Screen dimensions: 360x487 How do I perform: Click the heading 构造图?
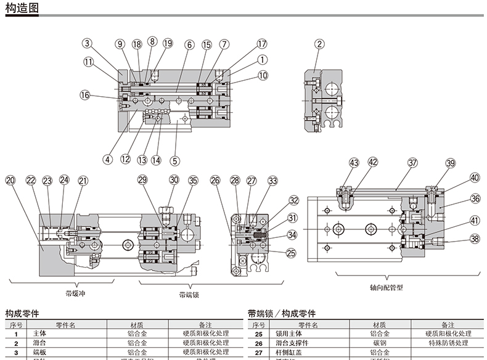[22, 8]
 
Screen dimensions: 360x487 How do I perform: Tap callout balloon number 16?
[84, 94]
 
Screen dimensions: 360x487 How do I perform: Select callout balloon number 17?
[263, 44]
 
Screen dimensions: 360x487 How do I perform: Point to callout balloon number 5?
[175, 160]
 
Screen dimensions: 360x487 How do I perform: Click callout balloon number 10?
[263, 76]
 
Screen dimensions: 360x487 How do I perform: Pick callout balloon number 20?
[10, 181]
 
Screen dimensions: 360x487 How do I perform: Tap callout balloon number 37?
[412, 163]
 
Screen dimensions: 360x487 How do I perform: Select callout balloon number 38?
[475, 239]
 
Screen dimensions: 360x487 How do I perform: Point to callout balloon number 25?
[291, 252]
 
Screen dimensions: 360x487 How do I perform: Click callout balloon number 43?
[353, 163]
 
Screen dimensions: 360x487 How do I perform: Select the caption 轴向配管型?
[387, 287]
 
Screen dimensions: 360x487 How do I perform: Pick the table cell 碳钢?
[380, 343]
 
